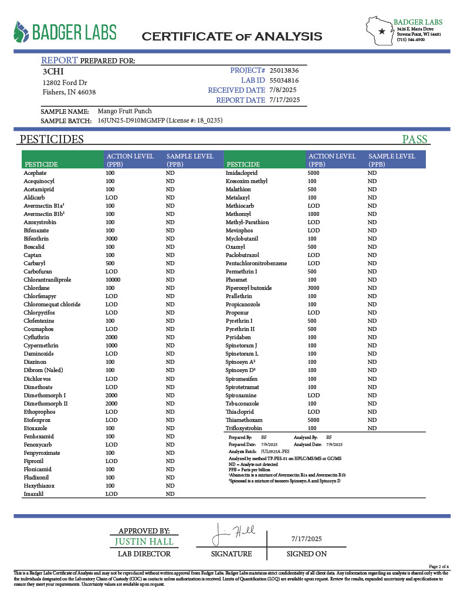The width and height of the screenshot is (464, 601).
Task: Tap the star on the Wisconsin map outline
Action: coord(382,31)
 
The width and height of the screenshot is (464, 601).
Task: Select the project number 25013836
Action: coord(288,70)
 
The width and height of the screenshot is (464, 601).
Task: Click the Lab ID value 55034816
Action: coord(284,80)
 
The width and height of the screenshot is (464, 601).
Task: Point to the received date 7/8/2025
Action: coord(283,90)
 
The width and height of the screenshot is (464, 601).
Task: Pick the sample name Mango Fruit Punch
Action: coord(124,111)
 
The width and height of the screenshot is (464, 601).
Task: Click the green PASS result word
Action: coord(414,140)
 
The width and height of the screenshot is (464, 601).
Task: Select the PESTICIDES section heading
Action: coord(52,140)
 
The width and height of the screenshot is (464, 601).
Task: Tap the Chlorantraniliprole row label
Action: coord(48,280)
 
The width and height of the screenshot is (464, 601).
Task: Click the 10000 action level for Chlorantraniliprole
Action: coord(113,280)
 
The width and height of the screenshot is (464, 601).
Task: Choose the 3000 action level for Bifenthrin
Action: coord(111,239)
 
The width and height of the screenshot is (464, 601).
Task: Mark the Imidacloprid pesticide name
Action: coord(243,173)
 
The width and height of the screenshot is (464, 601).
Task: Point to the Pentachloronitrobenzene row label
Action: coord(256,264)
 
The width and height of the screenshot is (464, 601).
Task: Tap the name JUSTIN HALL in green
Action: coord(143,541)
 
